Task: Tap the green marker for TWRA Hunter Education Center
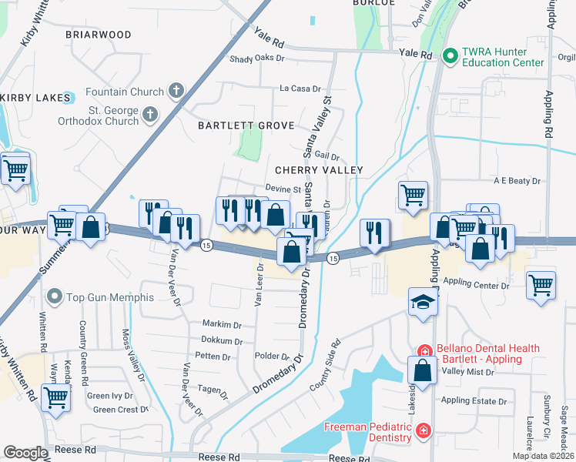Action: coord(450,55)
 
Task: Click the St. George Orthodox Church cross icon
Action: coord(149,115)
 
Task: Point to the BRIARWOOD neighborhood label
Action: coord(98,35)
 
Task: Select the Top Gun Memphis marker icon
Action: coord(54,296)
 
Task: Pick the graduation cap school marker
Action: coord(423,303)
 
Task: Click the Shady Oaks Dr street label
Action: coord(257,59)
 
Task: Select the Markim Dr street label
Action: coord(222,324)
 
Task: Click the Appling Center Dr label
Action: coord(477,285)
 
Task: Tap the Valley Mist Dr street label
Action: coord(467,372)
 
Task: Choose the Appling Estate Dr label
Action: coord(474,401)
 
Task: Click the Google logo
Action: coord(25,453)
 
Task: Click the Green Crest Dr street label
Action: coord(120,410)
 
